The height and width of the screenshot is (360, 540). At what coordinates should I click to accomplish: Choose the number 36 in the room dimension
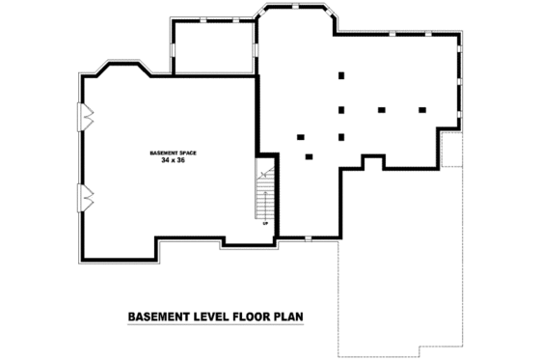click(x=179, y=160)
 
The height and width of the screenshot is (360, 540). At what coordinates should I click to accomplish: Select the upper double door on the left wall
click(x=87, y=116)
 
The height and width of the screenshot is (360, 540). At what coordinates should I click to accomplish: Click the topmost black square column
click(x=341, y=75)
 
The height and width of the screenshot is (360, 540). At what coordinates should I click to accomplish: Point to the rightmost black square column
click(x=422, y=110)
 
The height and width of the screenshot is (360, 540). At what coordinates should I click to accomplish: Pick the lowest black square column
click(x=309, y=156)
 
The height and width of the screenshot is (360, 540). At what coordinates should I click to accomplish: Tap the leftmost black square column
click(x=301, y=136)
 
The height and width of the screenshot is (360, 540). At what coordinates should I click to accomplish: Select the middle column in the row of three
click(x=382, y=110)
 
